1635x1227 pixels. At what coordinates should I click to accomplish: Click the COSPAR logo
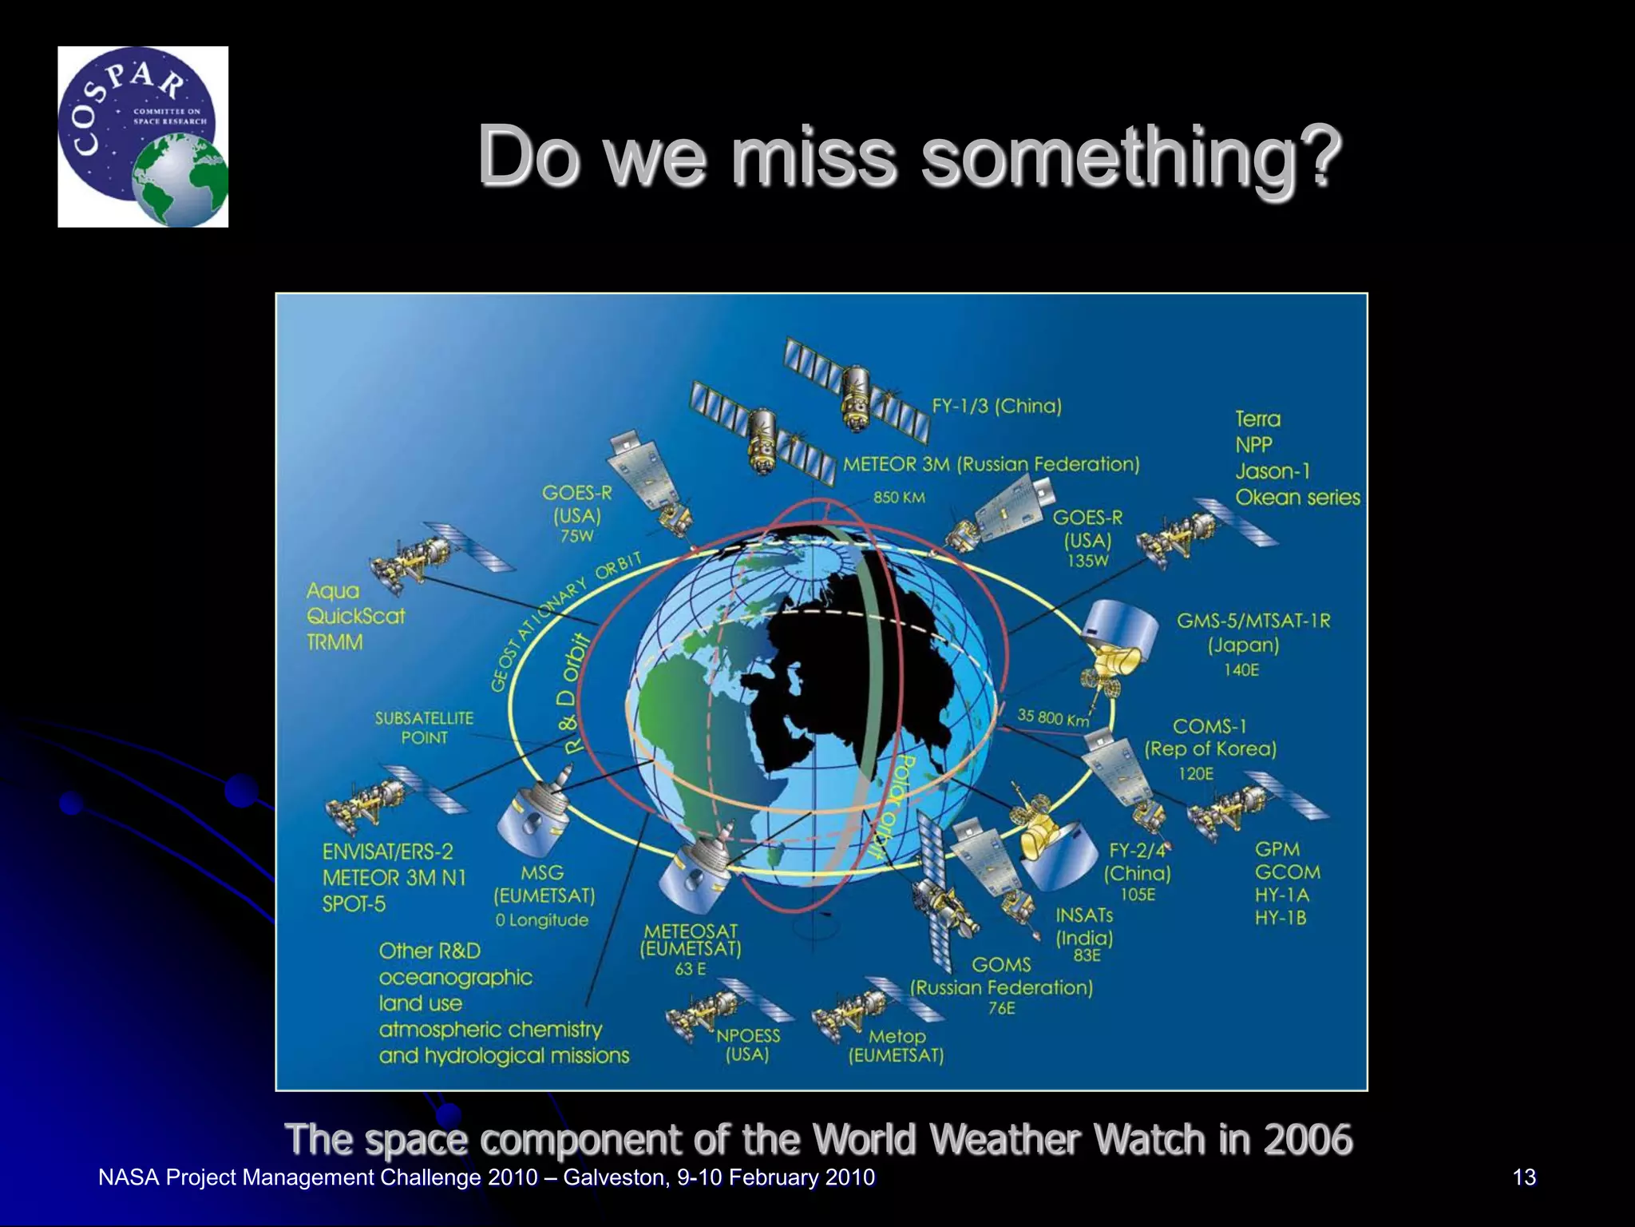pos(143,137)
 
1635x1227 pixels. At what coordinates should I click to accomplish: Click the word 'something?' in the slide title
pos(1130,157)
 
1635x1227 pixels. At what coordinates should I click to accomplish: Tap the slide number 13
pos(1523,1177)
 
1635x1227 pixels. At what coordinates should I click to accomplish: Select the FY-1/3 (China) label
pos(996,406)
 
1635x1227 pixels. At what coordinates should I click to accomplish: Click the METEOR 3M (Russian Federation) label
pos(991,464)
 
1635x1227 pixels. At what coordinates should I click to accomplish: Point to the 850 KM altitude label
pos(899,498)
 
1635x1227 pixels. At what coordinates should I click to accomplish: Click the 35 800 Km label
pos(1052,717)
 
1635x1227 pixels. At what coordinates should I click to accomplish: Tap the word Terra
pos(1257,419)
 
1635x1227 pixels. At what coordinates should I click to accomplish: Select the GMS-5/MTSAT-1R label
pos(1253,621)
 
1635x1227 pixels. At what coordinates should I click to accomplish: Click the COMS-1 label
pos(1209,726)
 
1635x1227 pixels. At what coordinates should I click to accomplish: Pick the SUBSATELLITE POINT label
pos(424,728)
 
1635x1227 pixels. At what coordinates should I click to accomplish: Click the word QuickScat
pos(355,617)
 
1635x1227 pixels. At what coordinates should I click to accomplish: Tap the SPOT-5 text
pos(354,904)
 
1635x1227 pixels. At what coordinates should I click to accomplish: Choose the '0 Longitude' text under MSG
pos(541,920)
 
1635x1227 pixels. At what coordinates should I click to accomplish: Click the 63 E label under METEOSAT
pos(690,969)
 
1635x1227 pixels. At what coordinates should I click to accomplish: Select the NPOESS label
pos(747,1035)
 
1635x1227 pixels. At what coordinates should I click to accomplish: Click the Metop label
pos(897,1036)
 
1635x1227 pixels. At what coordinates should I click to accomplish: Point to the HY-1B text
pos(1280,918)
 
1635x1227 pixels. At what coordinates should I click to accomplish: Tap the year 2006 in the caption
pos(1308,1139)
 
